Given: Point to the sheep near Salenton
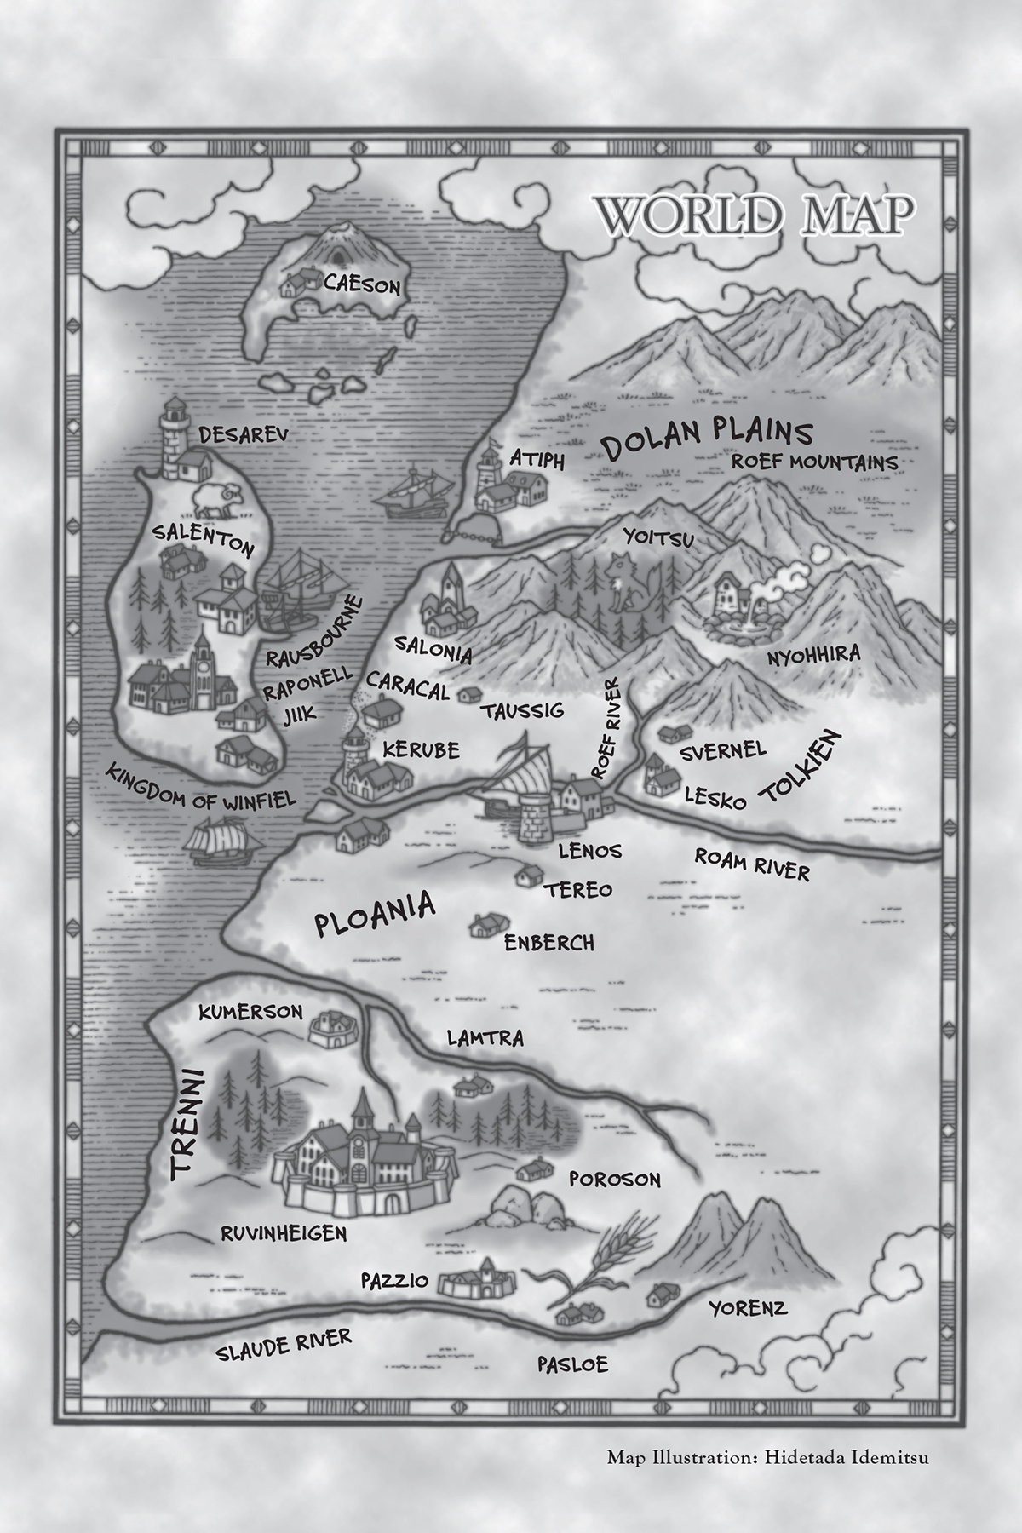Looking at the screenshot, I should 218,501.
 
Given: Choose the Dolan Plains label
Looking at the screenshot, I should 706,436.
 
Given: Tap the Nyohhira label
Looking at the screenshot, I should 813,656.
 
